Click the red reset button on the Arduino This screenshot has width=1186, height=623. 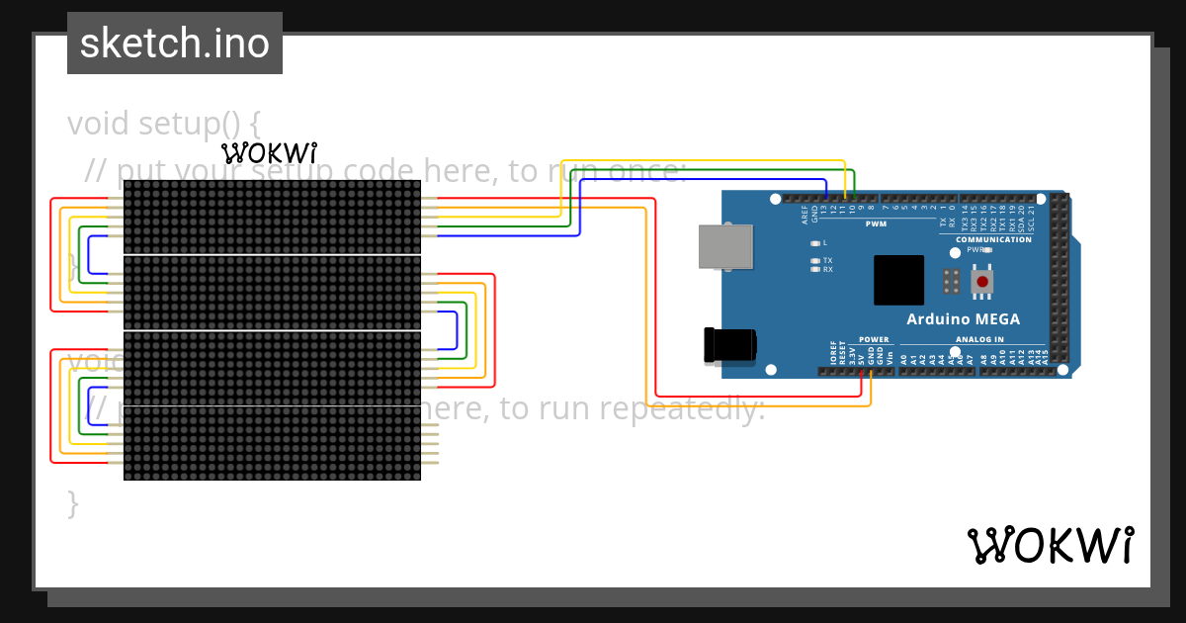pyautogui.click(x=982, y=283)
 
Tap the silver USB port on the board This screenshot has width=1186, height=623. pyautogui.click(x=725, y=246)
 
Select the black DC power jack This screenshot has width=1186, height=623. pyautogui.click(x=729, y=344)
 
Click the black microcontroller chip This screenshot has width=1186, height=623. pyautogui.click(x=898, y=280)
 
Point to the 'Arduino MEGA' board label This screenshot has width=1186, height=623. pyautogui.click(x=963, y=319)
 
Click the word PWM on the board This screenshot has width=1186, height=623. pyautogui.click(x=876, y=224)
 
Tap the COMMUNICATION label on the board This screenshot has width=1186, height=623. pyautogui.click(x=993, y=239)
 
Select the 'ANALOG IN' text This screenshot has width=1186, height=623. pyautogui.click(x=979, y=339)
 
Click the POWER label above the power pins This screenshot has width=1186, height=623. pyautogui.click(x=874, y=339)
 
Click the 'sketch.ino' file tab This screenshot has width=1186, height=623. pyautogui.click(x=175, y=44)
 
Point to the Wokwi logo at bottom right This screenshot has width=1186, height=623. pyautogui.click(x=1051, y=546)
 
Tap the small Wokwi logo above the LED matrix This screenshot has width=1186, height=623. pyautogui.click(x=269, y=153)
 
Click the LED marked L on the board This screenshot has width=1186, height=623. pyautogui.click(x=815, y=242)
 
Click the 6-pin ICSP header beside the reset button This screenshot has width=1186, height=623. pyautogui.click(x=951, y=281)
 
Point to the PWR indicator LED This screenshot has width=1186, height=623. pyautogui.click(x=987, y=250)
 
